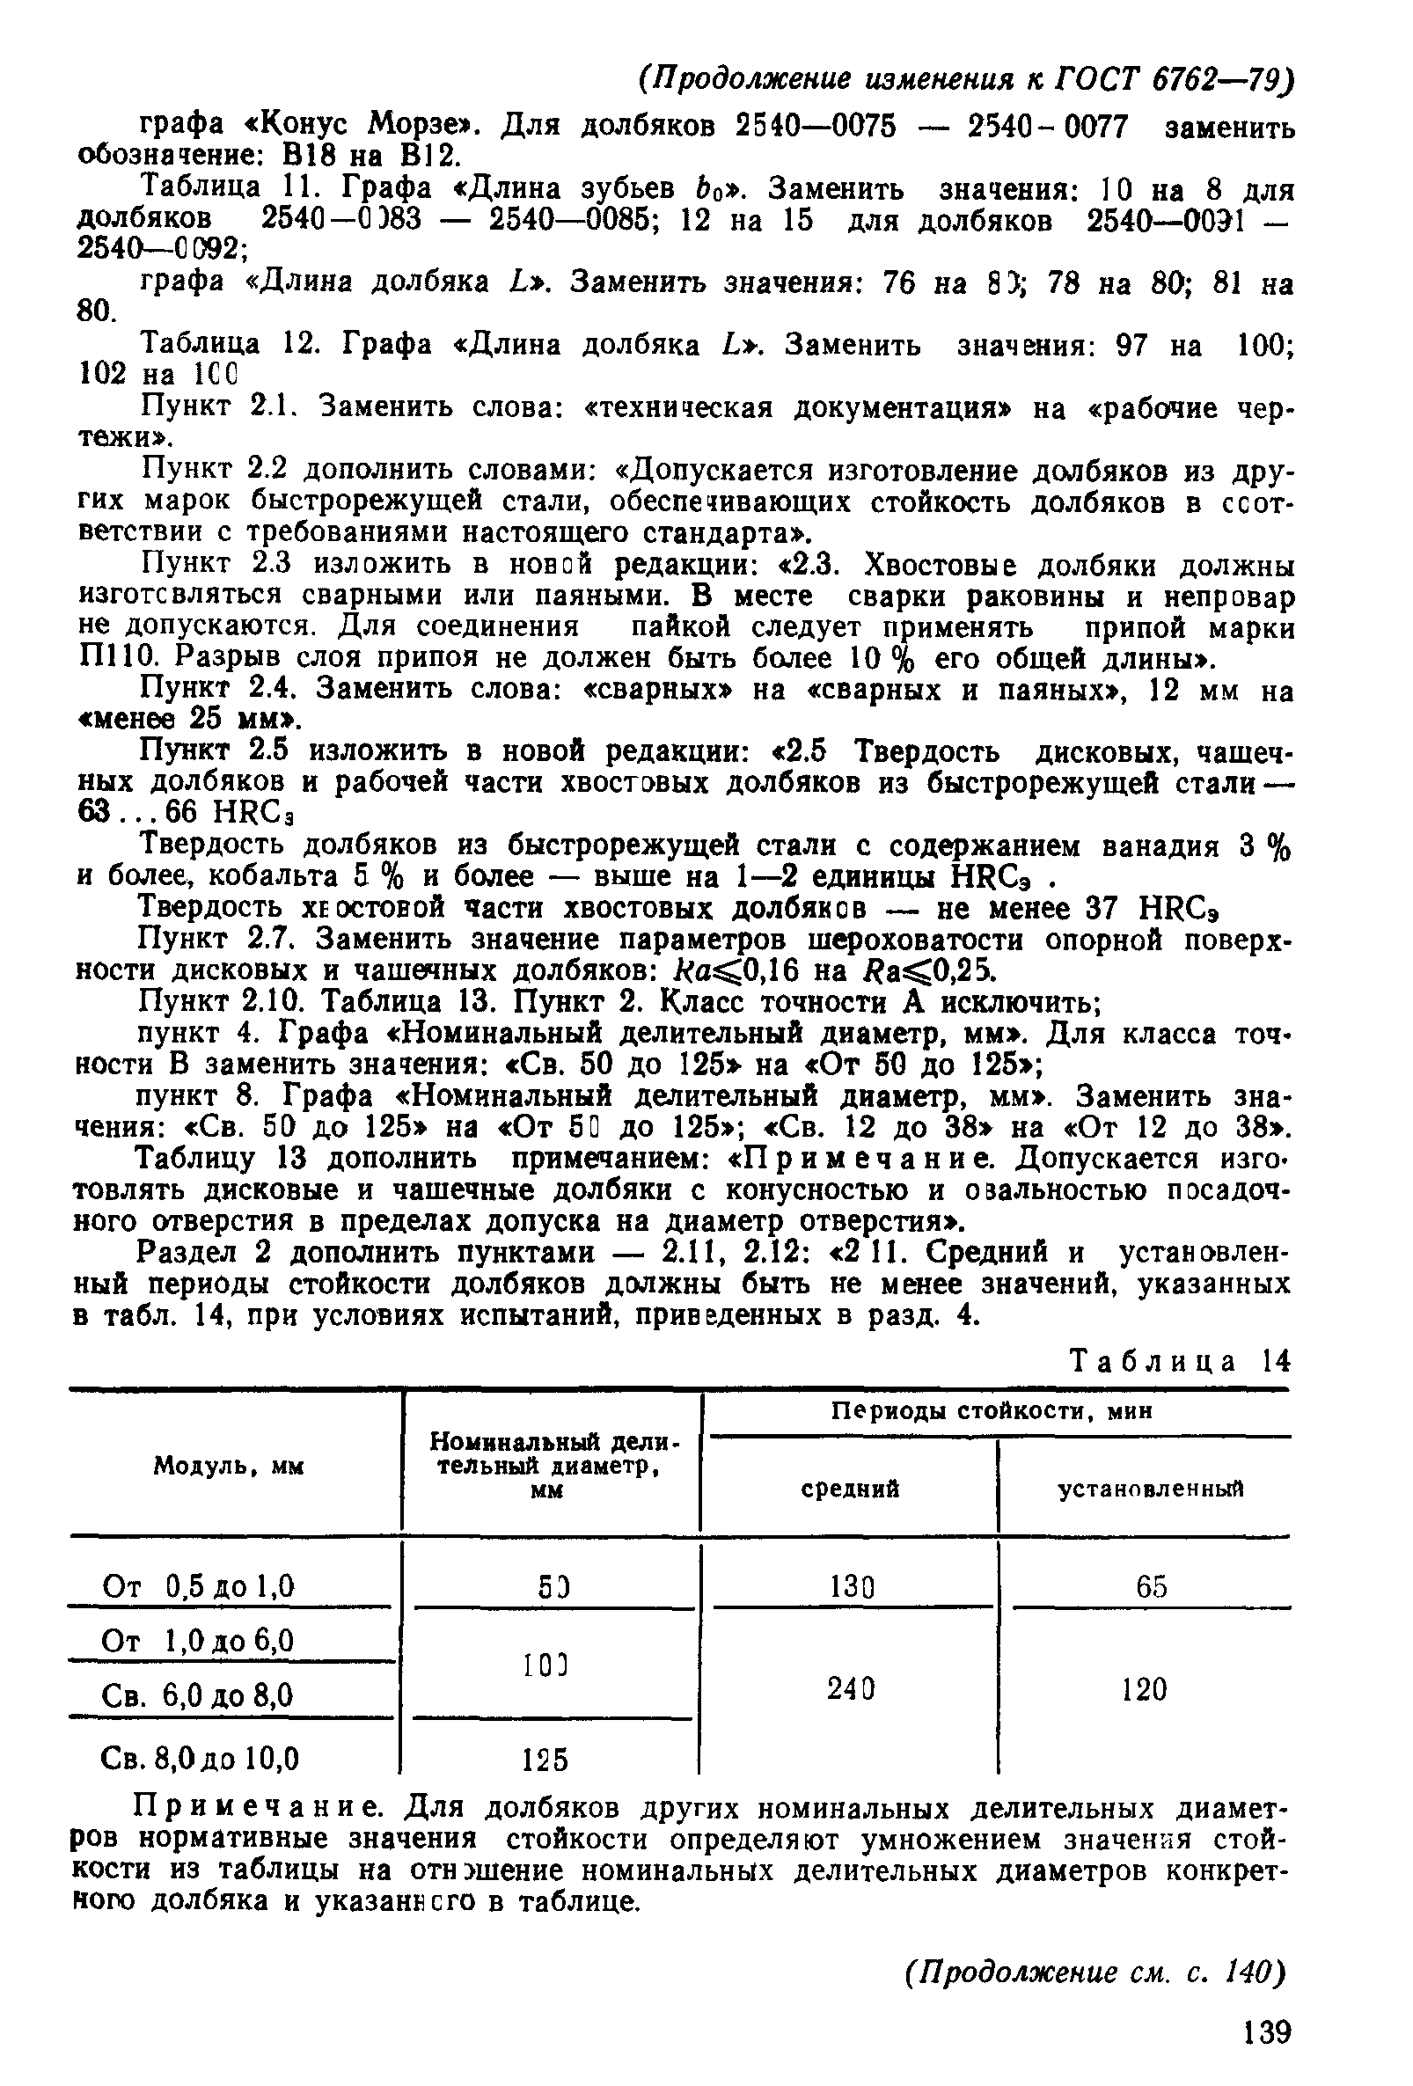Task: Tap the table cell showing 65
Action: coord(1151,1587)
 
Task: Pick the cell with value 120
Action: coord(1144,1690)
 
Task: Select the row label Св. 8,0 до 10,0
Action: coord(201,1757)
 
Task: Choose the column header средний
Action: coord(849,1490)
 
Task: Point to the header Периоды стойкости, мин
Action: coord(991,1412)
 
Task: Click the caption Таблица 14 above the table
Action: coord(1180,1362)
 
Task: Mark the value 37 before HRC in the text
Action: coord(1102,909)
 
